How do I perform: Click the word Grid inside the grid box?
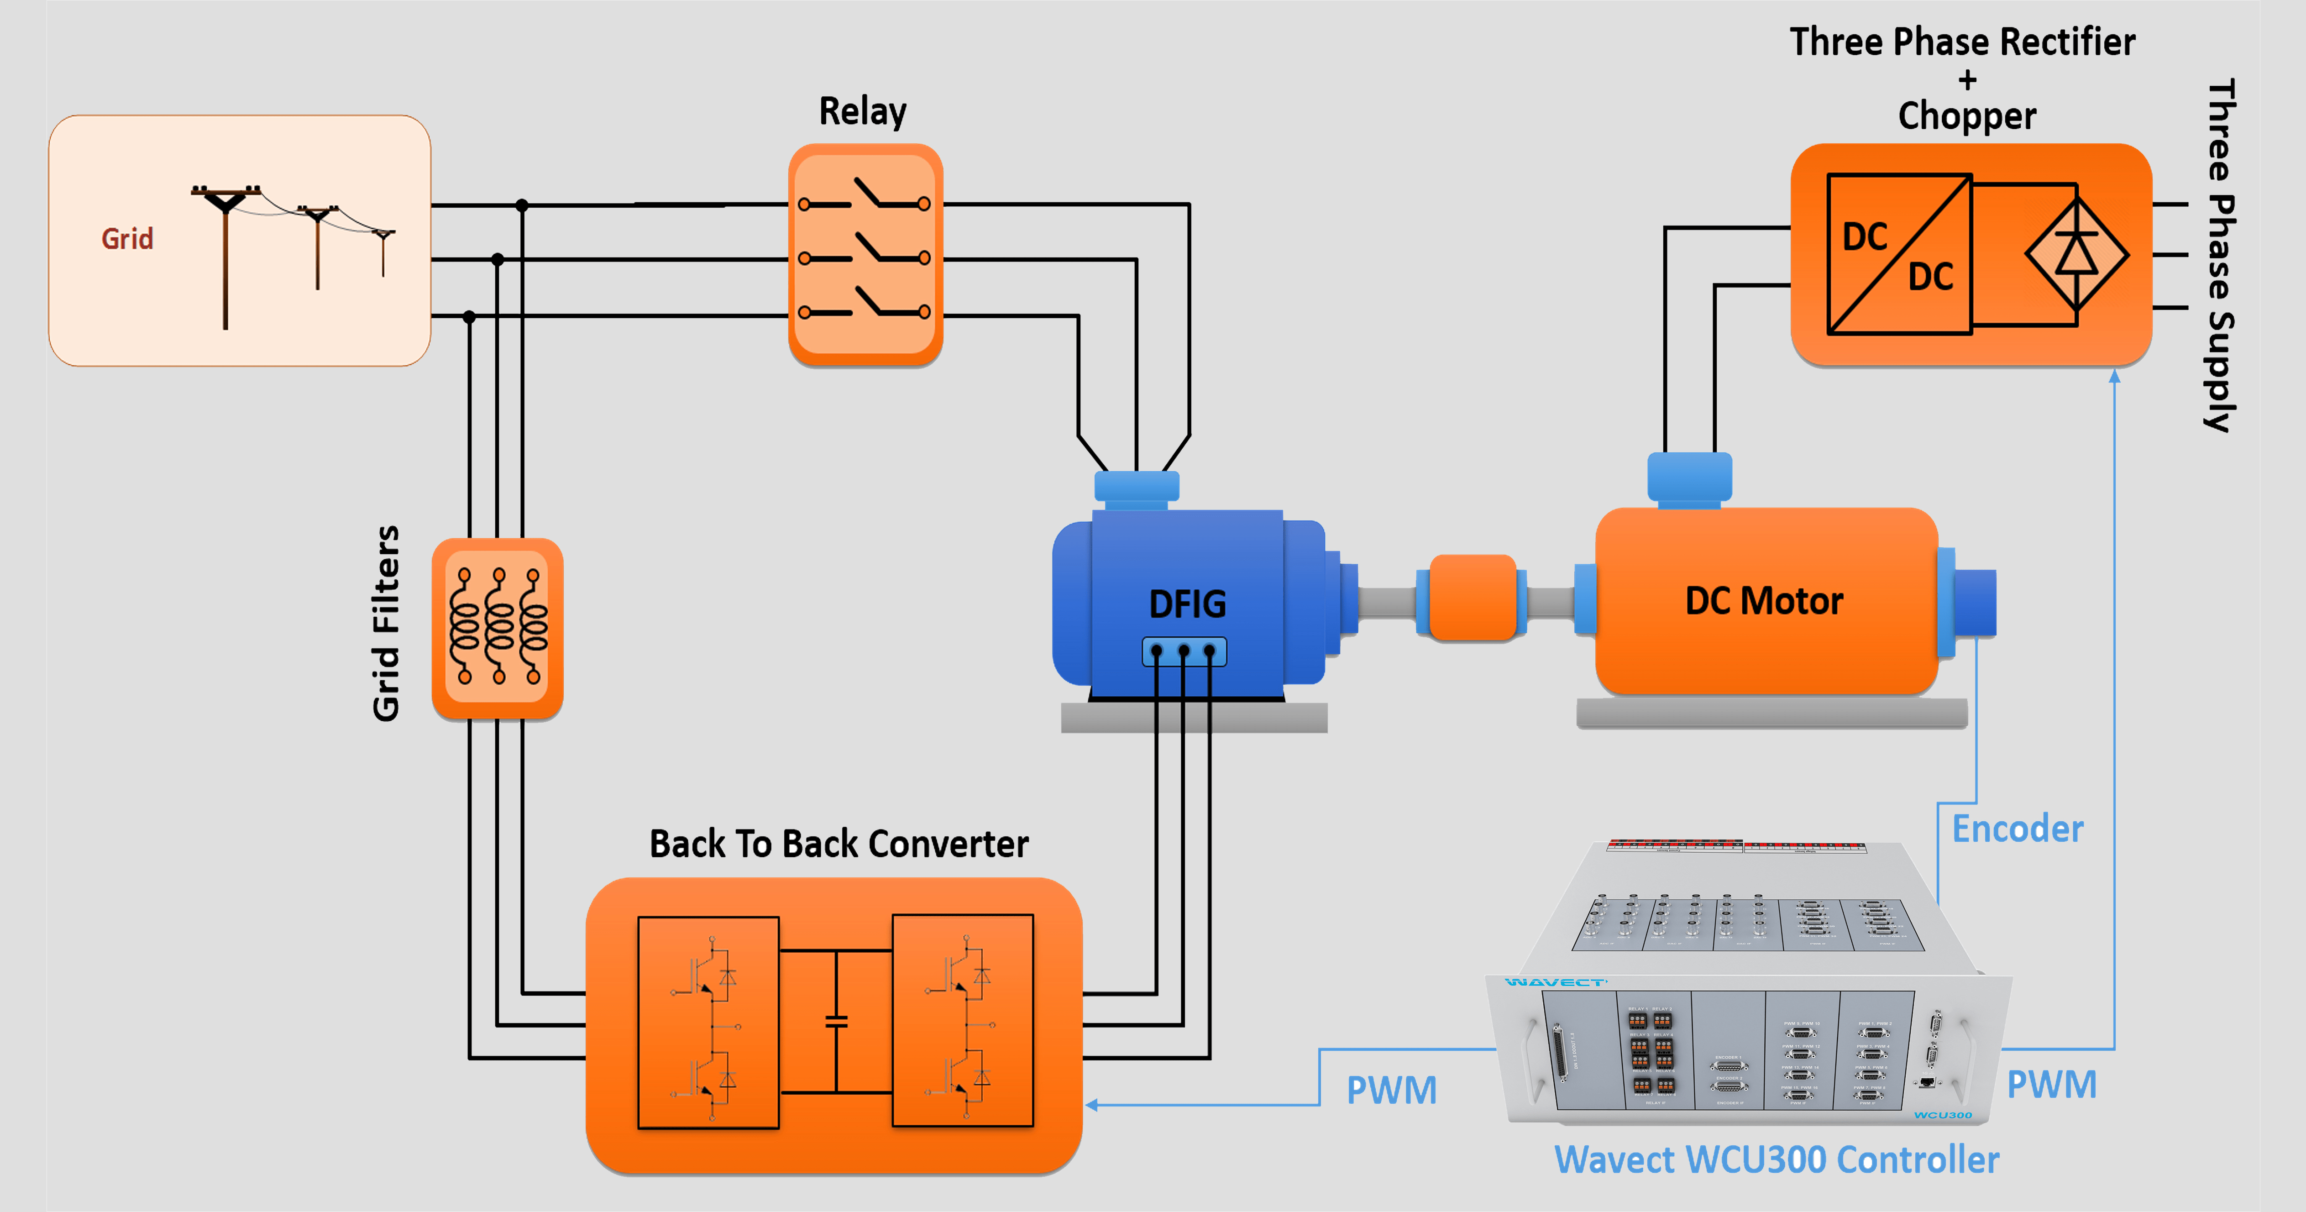(x=127, y=239)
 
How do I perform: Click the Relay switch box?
(x=865, y=255)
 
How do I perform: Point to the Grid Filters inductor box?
(x=498, y=629)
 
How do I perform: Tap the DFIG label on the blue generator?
(x=1187, y=604)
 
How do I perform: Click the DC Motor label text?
(x=1764, y=601)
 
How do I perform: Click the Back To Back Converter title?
(x=839, y=844)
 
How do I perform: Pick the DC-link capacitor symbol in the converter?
(x=836, y=1021)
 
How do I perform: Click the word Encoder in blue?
(x=2017, y=829)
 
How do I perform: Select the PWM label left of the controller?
(x=1391, y=1090)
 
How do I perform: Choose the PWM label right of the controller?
(x=2051, y=1085)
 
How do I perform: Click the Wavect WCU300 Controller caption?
(x=1776, y=1160)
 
